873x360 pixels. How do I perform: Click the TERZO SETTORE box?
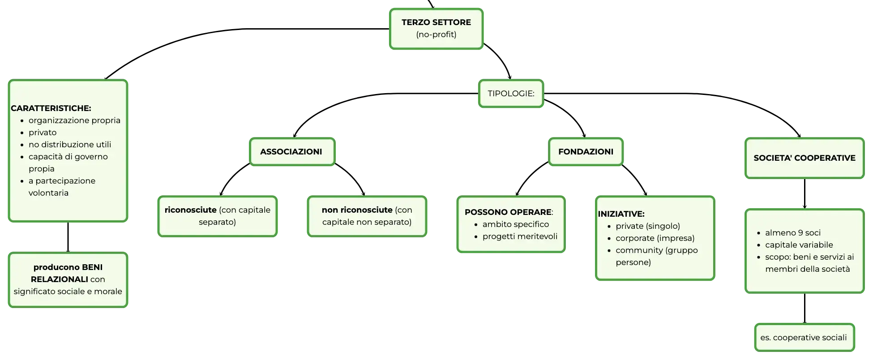pos(436,29)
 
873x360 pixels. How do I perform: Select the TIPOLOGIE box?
pos(511,94)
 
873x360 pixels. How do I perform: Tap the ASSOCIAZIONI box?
pos(292,152)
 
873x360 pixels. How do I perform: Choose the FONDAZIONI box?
pos(586,152)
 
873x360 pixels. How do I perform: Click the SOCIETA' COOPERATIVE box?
pos(805,158)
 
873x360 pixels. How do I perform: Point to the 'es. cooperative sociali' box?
pos(804,338)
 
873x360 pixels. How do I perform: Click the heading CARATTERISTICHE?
pos(51,108)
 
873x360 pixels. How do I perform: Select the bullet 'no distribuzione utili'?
pos(70,145)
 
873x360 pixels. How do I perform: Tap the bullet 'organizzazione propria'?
pos(74,120)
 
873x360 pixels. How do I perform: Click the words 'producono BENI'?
pos(68,267)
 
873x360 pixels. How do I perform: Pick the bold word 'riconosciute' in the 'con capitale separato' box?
pos(191,210)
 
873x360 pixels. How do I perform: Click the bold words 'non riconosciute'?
pos(357,210)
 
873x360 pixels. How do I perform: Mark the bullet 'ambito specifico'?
pos(516,224)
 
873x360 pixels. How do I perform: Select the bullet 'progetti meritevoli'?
pos(520,236)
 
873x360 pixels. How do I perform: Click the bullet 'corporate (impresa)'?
pos(655,238)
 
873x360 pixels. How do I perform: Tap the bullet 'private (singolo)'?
pos(648,226)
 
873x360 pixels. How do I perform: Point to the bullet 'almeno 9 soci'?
pos(793,233)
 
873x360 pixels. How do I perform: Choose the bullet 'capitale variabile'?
pos(799,245)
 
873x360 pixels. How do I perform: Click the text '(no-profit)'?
pos(436,34)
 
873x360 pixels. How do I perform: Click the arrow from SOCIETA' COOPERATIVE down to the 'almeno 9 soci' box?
pos(805,193)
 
